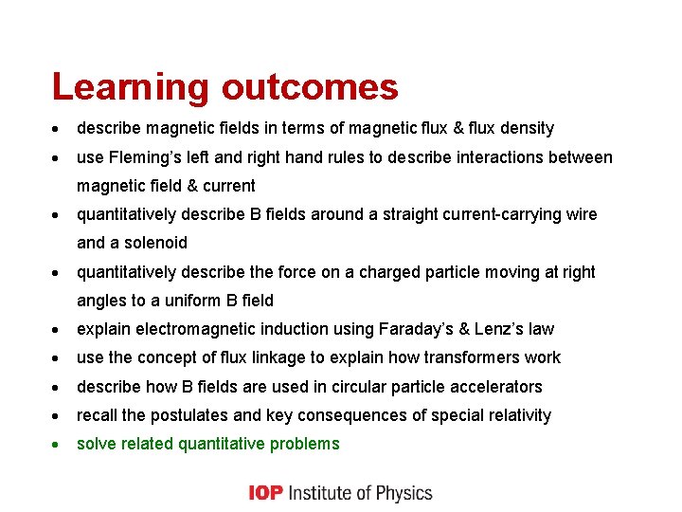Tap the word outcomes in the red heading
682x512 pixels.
click(310, 88)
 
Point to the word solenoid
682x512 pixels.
click(155, 243)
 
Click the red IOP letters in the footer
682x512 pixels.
click(266, 493)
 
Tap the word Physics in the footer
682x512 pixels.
click(404, 493)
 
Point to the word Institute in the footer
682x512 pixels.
click(322, 493)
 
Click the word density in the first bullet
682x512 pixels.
click(529, 128)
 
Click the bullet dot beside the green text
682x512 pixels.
click(57, 445)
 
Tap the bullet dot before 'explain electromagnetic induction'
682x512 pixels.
click(57, 330)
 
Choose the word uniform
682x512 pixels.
click(189, 301)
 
